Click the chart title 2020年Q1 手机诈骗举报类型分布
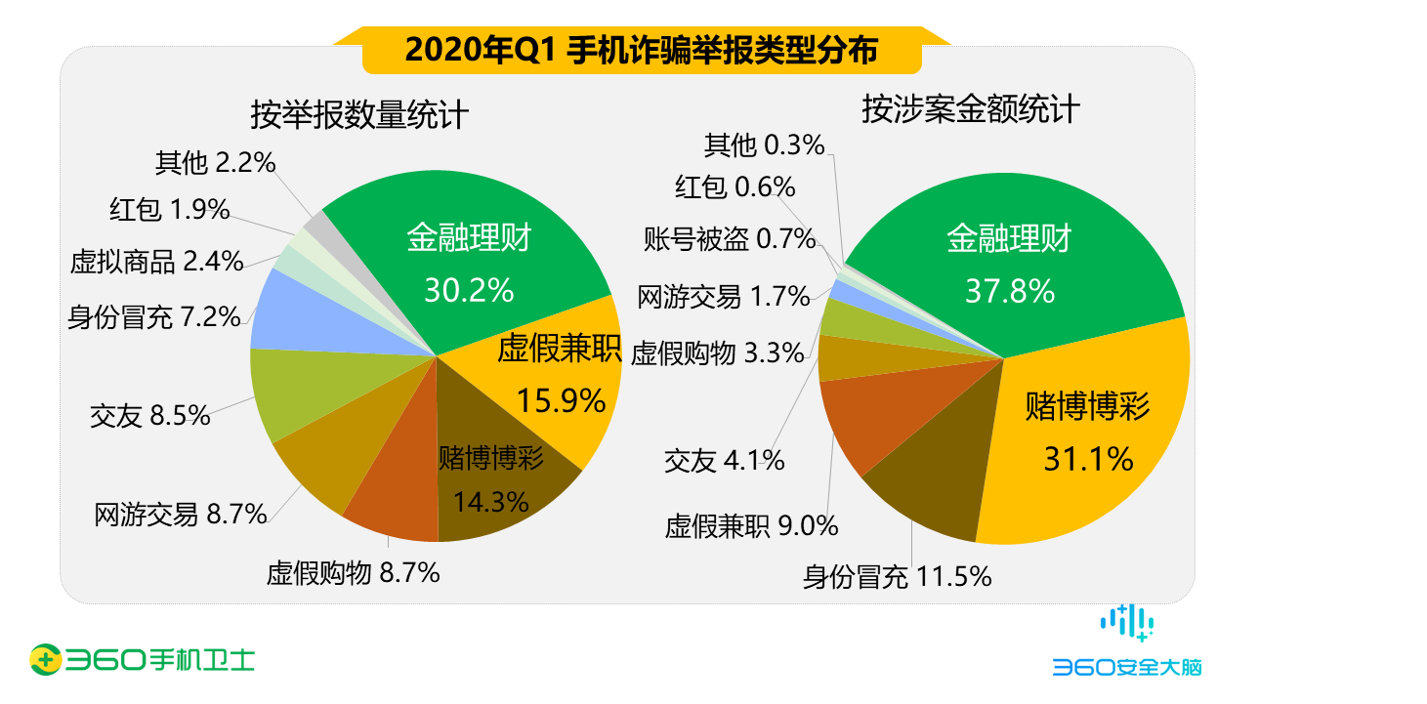pyautogui.click(x=641, y=50)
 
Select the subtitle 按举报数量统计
pyautogui.click(x=359, y=115)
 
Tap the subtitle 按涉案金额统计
pyautogui.click(x=970, y=109)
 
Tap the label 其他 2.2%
pyautogui.click(x=215, y=162)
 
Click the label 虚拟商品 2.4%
pyautogui.click(x=156, y=262)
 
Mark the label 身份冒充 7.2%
pyautogui.click(x=153, y=317)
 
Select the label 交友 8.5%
pyautogui.click(x=149, y=416)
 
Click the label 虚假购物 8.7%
pyautogui.click(x=353, y=573)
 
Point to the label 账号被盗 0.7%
pyautogui.click(x=729, y=238)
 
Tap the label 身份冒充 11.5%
pyautogui.click(x=897, y=577)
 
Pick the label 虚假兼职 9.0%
pyautogui.click(x=751, y=526)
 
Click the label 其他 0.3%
pyautogui.click(x=764, y=145)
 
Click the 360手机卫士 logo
pyautogui.click(x=142, y=659)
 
